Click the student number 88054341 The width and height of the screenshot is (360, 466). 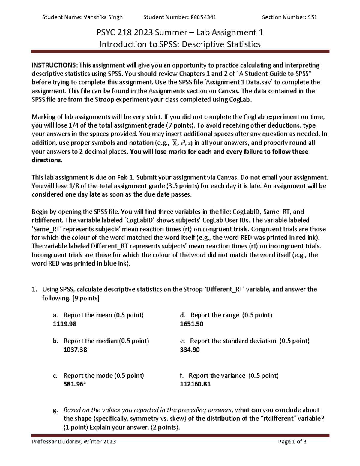pyautogui.click(x=203, y=17)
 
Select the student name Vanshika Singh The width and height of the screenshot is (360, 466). pyautogui.click(x=103, y=17)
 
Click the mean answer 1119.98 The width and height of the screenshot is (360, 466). pyautogui.click(x=64, y=324)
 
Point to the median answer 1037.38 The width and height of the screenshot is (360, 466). pyautogui.click(x=75, y=350)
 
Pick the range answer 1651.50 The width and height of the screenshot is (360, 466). pyautogui.click(x=192, y=324)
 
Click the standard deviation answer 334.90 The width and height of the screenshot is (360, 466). pyautogui.click(x=190, y=350)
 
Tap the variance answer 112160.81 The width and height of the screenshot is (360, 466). pyautogui.click(x=195, y=384)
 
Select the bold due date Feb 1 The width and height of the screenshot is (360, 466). pyautogui.click(x=125, y=177)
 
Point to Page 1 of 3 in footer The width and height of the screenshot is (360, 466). pyautogui.click(x=292, y=442)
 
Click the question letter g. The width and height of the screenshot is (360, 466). pyautogui.click(x=55, y=410)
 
